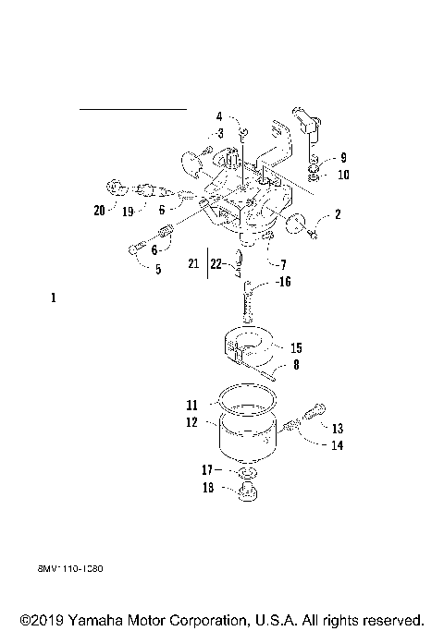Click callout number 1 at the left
(54, 298)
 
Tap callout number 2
(338, 214)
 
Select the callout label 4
(219, 116)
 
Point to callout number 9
(343, 157)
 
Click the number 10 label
(343, 174)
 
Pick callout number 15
(296, 348)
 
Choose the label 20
(99, 210)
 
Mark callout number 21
(192, 264)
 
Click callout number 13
(337, 429)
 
